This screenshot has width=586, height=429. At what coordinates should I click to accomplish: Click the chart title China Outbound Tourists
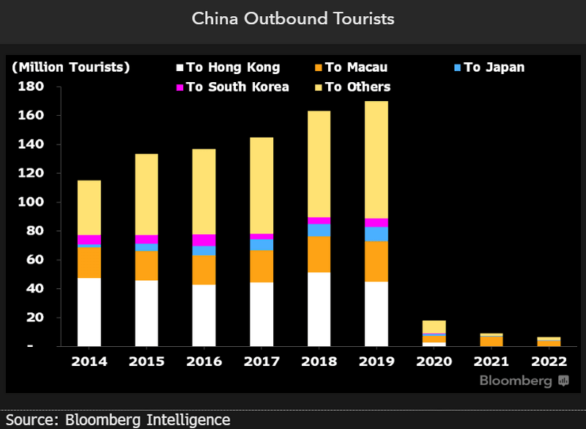pos(293,18)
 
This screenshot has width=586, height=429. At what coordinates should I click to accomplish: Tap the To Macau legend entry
pos(356,67)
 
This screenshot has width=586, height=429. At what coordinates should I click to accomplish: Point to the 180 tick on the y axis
pos(31,87)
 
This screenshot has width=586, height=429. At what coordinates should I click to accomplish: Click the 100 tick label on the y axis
pos(31,202)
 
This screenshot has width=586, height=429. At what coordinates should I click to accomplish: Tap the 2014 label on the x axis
pos(89,362)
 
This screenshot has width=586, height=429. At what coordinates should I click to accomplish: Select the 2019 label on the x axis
pos(376,362)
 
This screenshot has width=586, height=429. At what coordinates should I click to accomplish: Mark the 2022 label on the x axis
pos(548,362)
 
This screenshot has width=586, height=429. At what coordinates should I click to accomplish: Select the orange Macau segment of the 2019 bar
pos(376,261)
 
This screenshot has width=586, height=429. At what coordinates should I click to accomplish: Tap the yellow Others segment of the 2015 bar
pos(146,194)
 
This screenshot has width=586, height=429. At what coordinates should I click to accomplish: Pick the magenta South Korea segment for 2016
pos(204,240)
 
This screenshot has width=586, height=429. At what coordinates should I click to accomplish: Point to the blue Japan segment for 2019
pos(376,234)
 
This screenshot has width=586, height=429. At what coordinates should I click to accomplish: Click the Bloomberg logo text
pos(516,381)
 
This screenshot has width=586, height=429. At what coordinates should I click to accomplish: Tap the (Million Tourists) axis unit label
pos(70,67)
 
